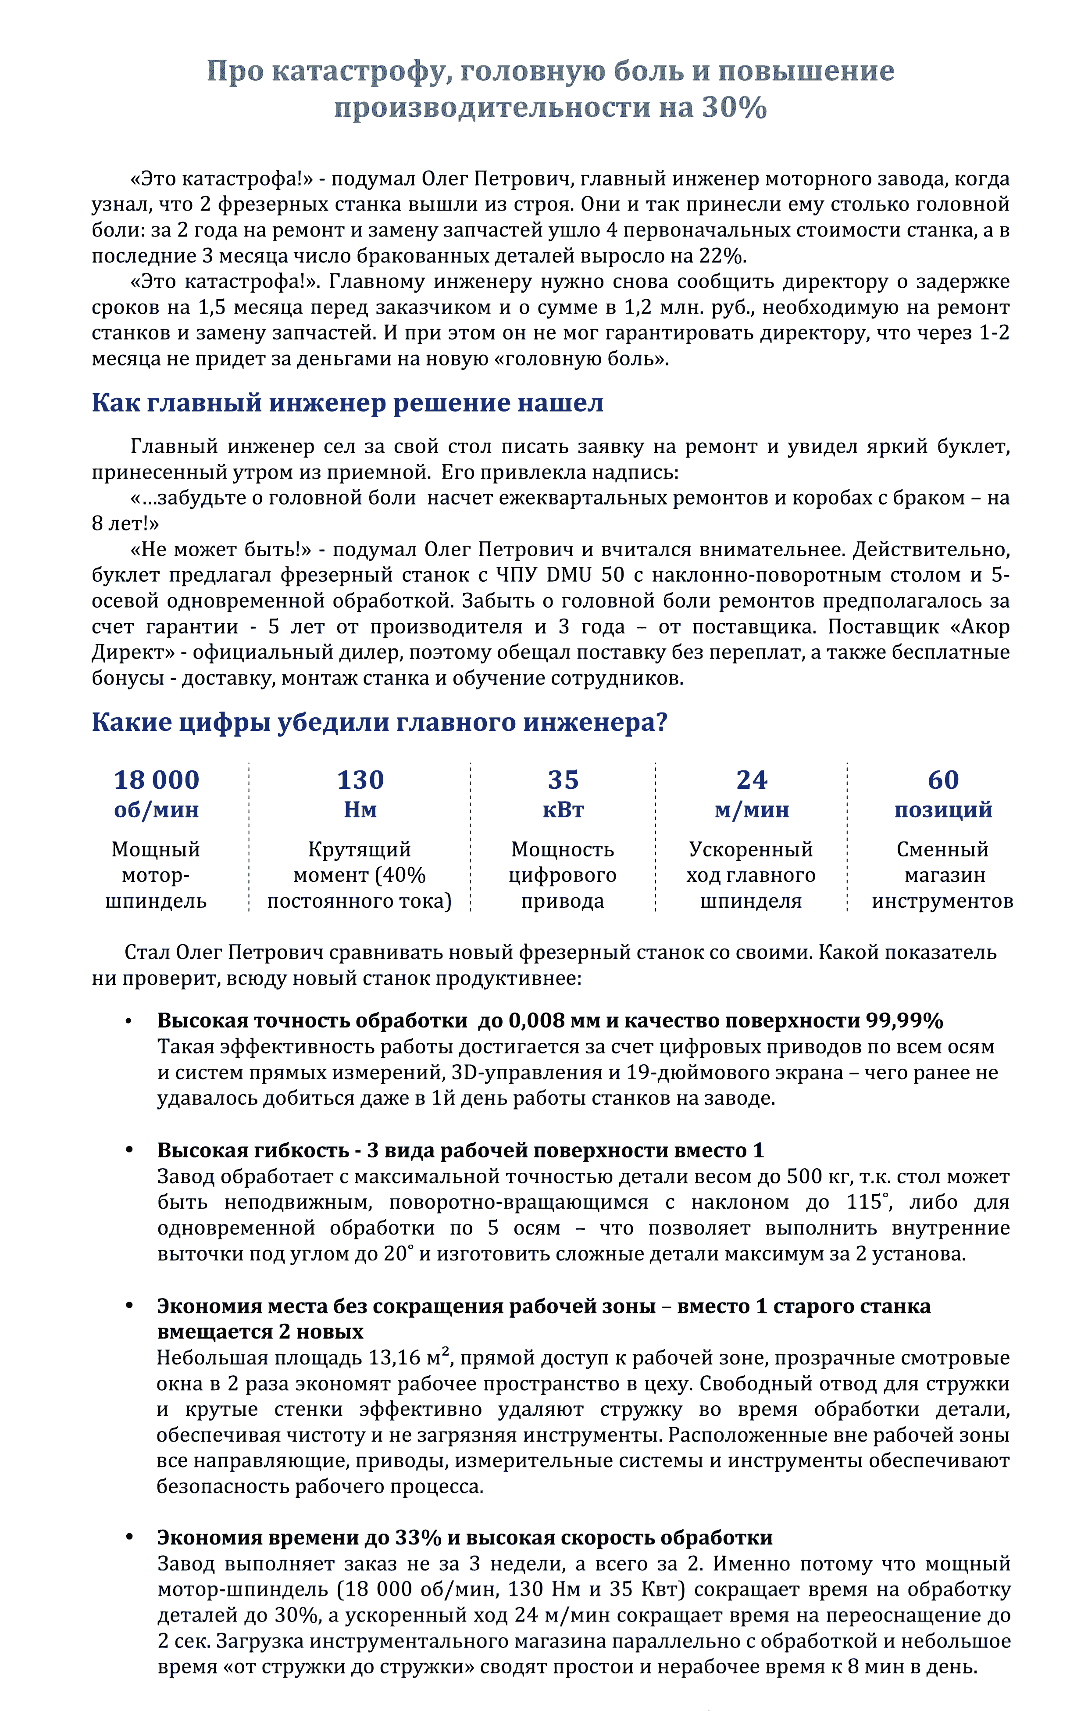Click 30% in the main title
point(735,108)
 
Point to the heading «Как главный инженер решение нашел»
point(347,403)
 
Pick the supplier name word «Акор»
point(985,626)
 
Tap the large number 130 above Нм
point(360,780)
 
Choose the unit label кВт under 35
point(563,810)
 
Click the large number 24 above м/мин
point(751,780)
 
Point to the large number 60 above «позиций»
point(943,780)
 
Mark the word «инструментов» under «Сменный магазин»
point(942,901)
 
